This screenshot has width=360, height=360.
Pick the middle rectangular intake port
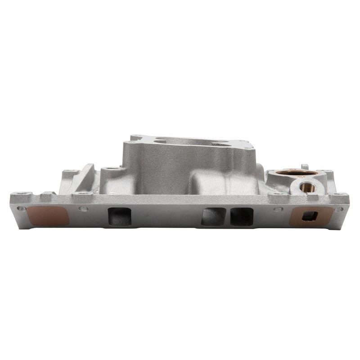(x=213, y=216)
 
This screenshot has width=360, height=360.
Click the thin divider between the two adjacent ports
(x=227, y=216)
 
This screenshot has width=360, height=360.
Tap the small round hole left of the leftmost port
(x=82, y=208)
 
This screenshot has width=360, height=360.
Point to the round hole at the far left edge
(x=19, y=209)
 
